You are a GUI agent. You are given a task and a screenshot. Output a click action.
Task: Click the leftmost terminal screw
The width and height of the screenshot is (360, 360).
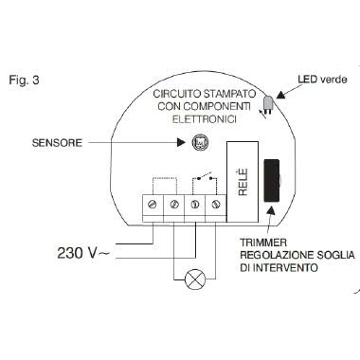[x=153, y=204]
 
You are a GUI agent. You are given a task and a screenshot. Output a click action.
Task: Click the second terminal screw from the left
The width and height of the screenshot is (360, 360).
[x=172, y=204]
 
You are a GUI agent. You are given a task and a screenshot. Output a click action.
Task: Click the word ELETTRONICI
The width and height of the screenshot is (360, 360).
[x=203, y=120]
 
